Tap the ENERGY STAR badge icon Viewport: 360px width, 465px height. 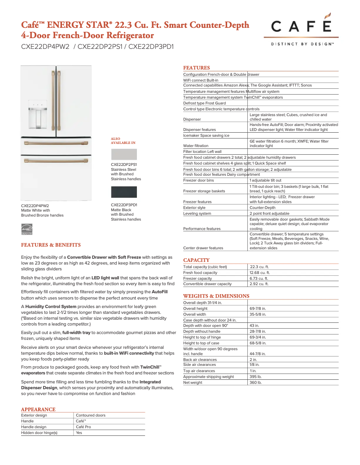(28, 229)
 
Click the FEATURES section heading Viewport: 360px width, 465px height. (196, 68)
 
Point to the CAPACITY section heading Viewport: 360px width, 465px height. (196, 260)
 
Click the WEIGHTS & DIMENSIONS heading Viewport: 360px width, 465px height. (216, 296)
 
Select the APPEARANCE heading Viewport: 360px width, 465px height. (38, 409)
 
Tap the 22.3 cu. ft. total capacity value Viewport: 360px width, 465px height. (259, 267)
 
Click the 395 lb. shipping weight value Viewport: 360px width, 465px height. (255, 377)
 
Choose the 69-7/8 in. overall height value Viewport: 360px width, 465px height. (258, 309)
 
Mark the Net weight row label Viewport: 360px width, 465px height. (193, 382)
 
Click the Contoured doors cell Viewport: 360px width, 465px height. (91, 415)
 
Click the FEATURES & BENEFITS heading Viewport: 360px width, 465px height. (51, 245)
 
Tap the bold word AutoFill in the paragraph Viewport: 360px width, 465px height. (159, 291)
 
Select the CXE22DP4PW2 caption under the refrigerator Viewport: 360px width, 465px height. (35, 205)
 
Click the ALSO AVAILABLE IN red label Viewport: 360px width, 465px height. (123, 141)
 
